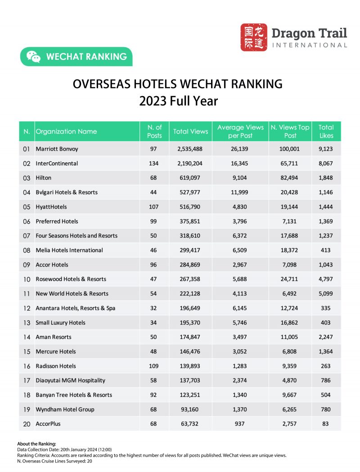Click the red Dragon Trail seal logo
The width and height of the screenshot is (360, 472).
253,37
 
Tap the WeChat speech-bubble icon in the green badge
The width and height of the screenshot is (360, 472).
33,57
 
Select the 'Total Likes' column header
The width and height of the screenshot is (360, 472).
326,131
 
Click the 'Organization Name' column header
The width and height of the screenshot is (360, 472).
66,132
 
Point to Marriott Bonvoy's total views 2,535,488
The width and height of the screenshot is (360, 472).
190,149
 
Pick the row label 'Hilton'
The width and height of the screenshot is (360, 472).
44,178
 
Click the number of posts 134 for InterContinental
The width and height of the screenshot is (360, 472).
154,163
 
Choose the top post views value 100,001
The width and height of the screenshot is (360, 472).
290,149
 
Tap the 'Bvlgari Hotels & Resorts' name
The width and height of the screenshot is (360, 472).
67,192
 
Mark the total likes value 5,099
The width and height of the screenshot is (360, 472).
326,294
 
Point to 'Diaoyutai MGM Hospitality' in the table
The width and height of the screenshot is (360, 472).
70,380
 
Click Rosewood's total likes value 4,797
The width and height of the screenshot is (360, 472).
326,279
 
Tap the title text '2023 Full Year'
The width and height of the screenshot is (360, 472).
178,101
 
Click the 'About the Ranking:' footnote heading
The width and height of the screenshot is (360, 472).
37,444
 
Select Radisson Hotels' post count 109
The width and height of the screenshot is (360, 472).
154,366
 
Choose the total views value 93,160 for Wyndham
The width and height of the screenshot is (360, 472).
190,410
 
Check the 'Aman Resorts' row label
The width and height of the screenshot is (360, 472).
54,337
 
